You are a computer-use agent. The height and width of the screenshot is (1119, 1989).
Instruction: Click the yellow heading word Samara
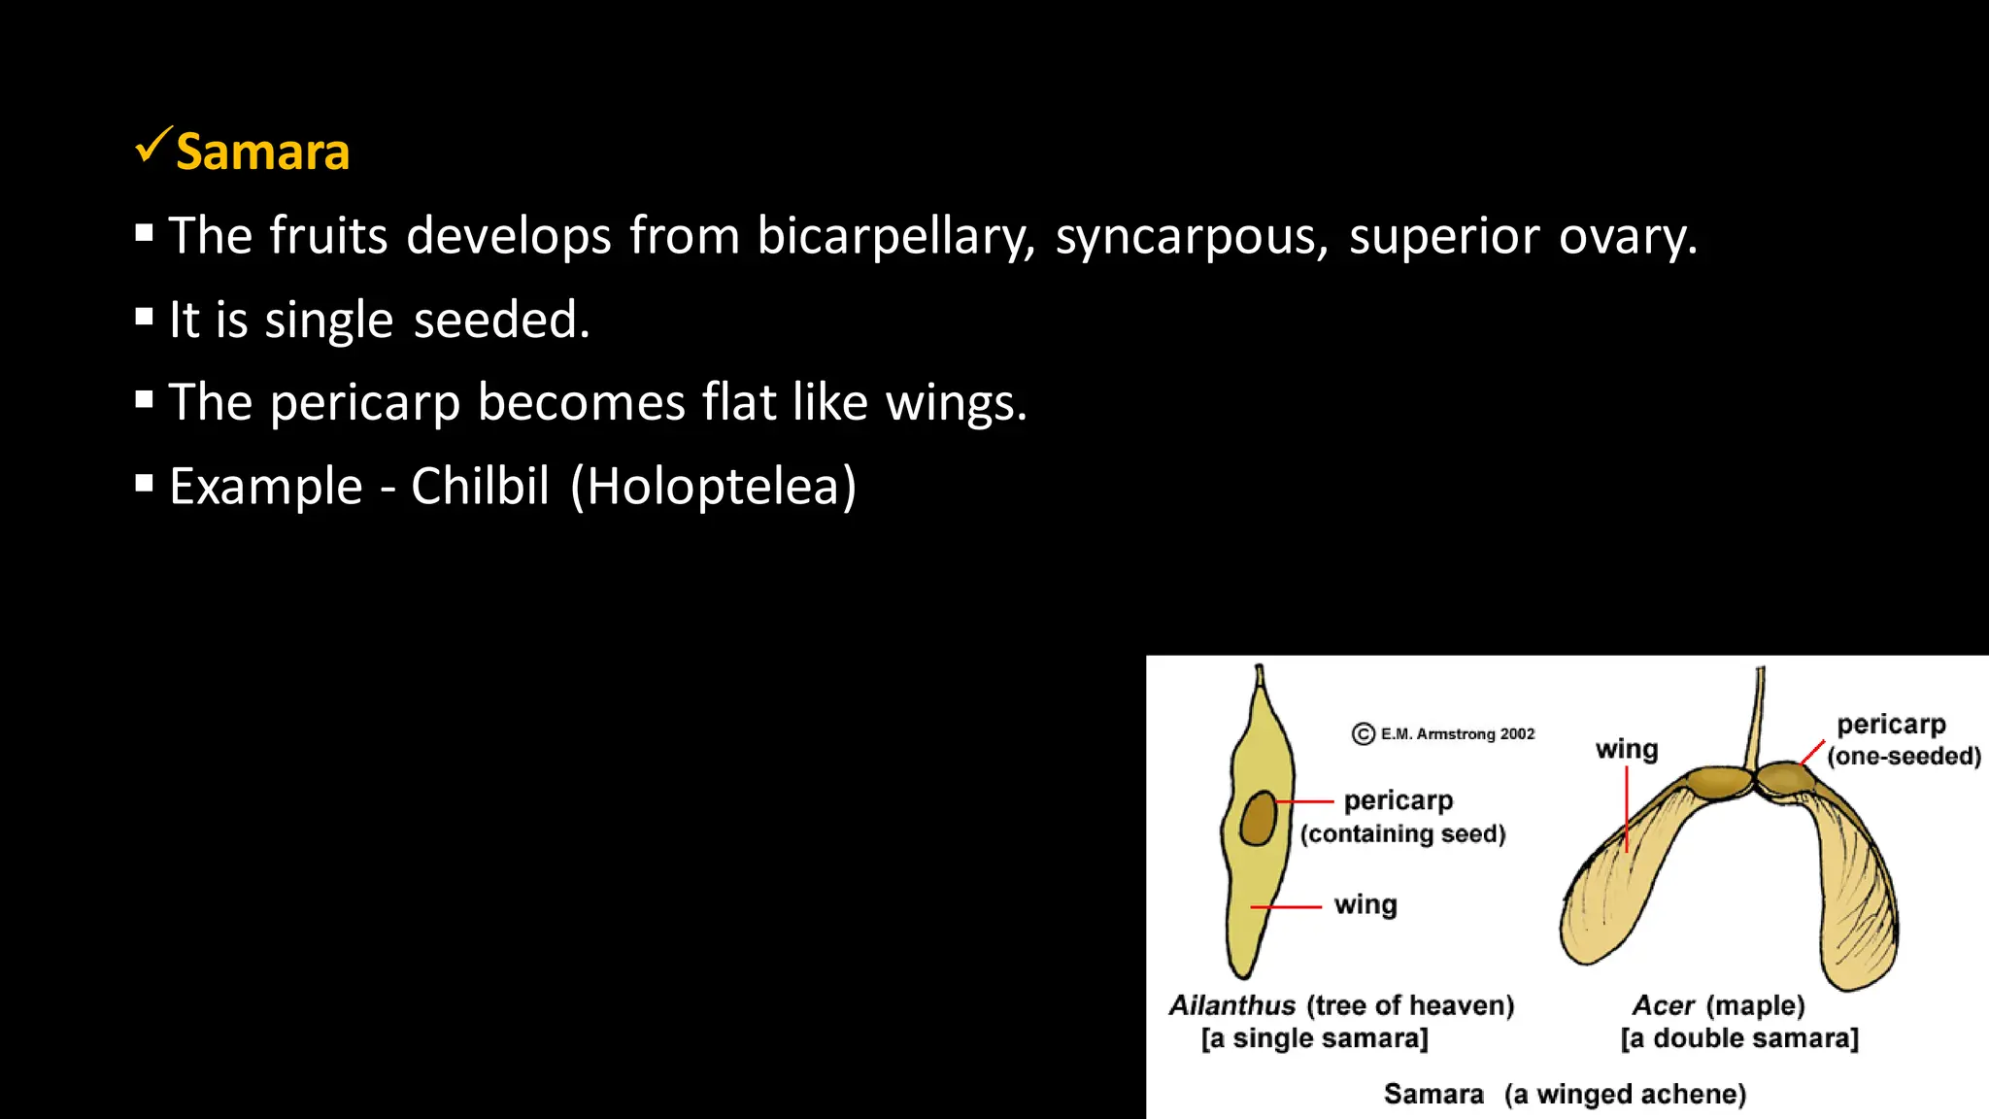pyautogui.click(x=262, y=153)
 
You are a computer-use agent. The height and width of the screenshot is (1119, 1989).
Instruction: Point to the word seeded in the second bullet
pyautogui.click(x=501, y=320)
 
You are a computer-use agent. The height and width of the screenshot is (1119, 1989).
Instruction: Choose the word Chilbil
pyautogui.click(x=480, y=486)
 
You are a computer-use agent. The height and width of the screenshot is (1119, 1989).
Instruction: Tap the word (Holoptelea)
pyautogui.click(x=714, y=486)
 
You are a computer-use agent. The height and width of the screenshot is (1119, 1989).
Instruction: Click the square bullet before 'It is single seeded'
pyautogui.click(x=145, y=317)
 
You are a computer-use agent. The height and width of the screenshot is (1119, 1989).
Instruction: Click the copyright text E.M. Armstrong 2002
pyautogui.click(x=1457, y=734)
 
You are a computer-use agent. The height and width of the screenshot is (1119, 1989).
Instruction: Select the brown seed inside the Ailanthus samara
pyautogui.click(x=1259, y=818)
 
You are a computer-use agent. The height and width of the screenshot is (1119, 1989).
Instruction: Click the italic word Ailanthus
pyautogui.click(x=1231, y=1005)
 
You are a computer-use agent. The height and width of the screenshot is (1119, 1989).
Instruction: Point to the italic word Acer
pyautogui.click(x=1663, y=1005)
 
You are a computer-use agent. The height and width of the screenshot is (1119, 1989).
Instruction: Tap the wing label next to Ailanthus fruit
pyautogui.click(x=1365, y=904)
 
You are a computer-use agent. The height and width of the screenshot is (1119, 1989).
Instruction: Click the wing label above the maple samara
pyautogui.click(x=1627, y=749)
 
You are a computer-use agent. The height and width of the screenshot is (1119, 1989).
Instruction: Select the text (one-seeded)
pyautogui.click(x=1904, y=756)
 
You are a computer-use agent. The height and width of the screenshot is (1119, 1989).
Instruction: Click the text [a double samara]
pyautogui.click(x=1739, y=1038)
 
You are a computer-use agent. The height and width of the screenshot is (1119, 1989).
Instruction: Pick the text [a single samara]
pyautogui.click(x=1314, y=1038)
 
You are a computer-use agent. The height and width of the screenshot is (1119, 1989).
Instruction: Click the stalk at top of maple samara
pyautogui.click(x=1756, y=719)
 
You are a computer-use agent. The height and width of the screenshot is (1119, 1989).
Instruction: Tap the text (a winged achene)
pyautogui.click(x=1625, y=1095)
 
